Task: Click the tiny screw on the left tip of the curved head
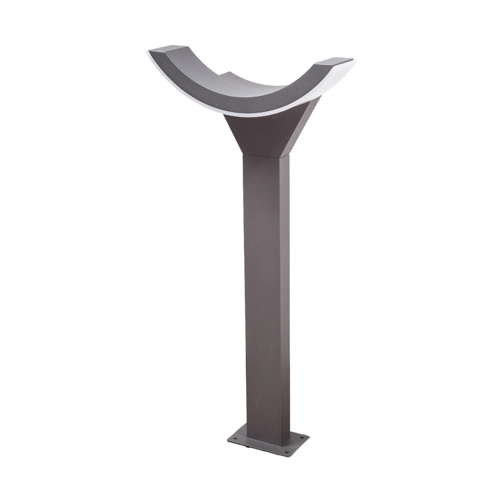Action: pyautogui.click(x=165, y=48)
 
